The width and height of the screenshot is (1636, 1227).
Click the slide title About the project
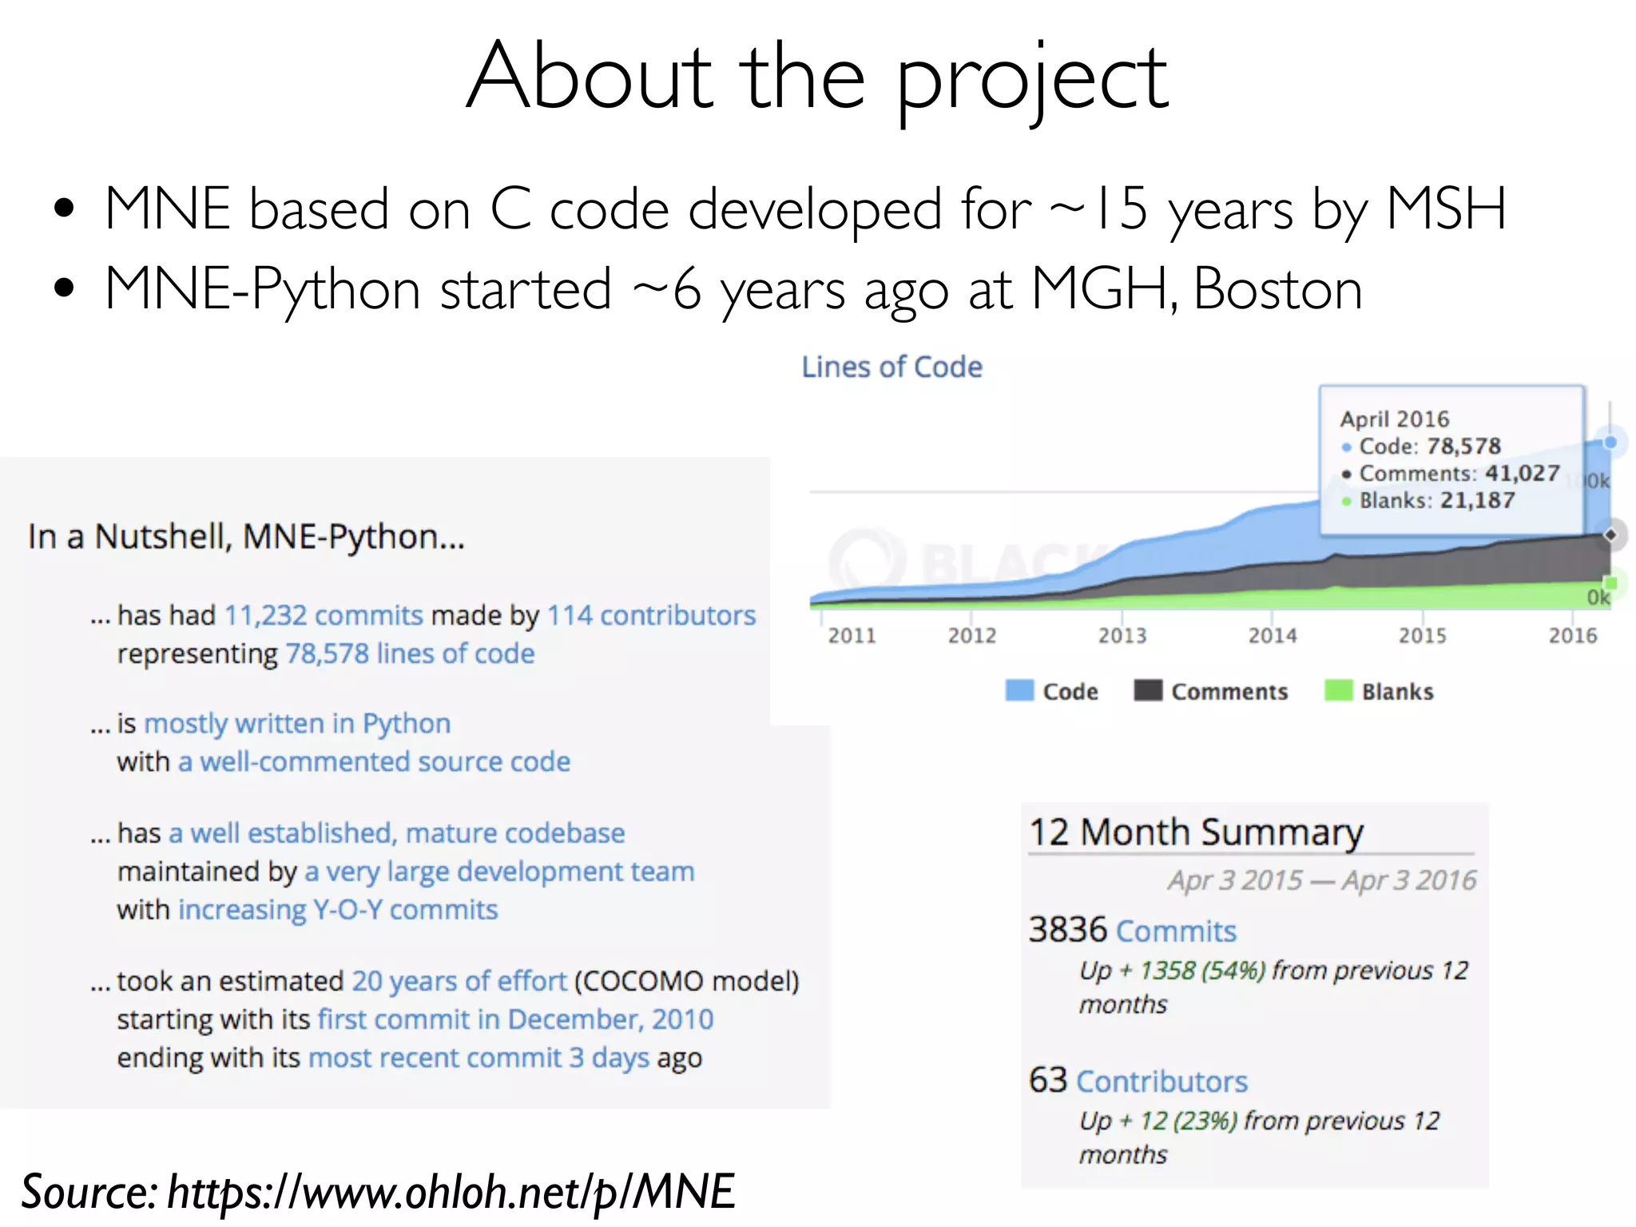817,78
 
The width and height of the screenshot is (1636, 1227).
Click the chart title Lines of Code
891,367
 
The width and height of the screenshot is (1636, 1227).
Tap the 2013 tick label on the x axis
1122,636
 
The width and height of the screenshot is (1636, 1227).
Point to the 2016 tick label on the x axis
1572,636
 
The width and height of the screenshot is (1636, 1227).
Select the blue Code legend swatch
1019,691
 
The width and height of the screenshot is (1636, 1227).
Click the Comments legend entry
1229,692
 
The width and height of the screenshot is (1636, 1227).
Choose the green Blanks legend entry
1396,692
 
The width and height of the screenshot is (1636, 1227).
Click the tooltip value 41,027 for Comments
1522,474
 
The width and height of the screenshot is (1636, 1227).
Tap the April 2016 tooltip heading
1394,419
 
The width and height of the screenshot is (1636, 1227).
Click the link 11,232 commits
324,616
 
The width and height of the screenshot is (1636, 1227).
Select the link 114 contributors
651,616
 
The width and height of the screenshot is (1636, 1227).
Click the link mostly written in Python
297,724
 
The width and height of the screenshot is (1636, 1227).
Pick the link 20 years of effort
459,981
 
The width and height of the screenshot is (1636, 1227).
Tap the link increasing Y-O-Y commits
338,910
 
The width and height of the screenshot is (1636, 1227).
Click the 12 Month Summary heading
1196,832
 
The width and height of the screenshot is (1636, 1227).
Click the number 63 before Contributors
1047,1081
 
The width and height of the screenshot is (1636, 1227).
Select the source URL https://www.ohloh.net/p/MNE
451,1192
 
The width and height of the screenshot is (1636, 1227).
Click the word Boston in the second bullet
1277,289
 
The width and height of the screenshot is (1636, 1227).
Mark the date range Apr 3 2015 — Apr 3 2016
1322,880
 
